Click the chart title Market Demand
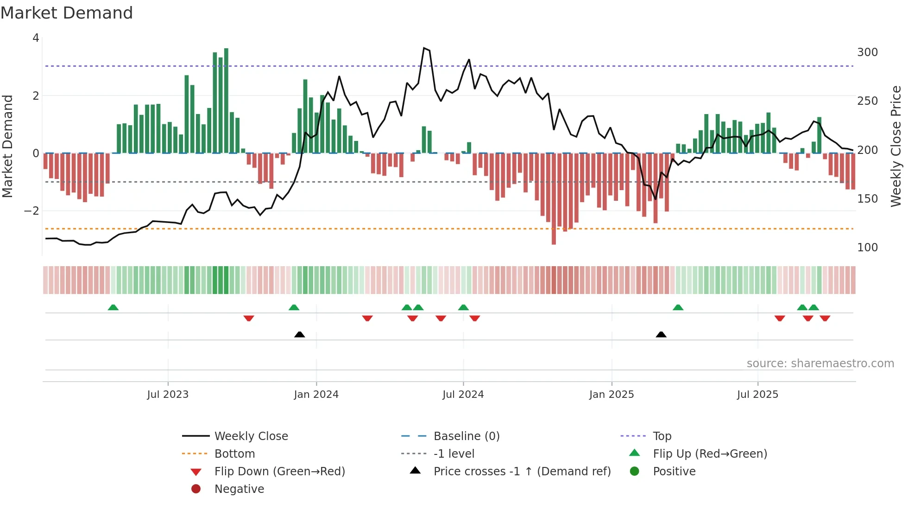[67, 13]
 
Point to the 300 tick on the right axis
[867, 52]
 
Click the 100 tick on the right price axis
[867, 248]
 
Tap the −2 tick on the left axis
[32, 211]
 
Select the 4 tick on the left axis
[36, 38]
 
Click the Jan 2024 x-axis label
[316, 395]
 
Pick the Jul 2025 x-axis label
[757, 395]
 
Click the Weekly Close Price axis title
[896, 146]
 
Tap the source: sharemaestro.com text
[820, 364]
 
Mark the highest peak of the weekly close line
[424, 48]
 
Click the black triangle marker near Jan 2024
[300, 334]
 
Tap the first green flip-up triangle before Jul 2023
[113, 307]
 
